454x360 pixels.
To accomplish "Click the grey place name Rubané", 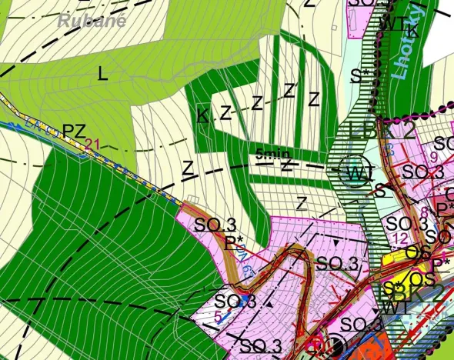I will [x=92, y=21].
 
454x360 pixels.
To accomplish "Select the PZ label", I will [x=74, y=132].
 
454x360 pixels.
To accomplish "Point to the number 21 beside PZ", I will [x=93, y=143].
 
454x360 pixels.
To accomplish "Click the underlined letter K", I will [x=202, y=116].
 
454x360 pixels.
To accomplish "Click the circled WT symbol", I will [x=356, y=172].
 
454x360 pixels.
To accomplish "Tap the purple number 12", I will [x=399, y=238].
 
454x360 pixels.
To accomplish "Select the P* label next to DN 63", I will [x=234, y=242].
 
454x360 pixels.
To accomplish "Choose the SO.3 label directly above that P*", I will [x=215, y=225].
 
